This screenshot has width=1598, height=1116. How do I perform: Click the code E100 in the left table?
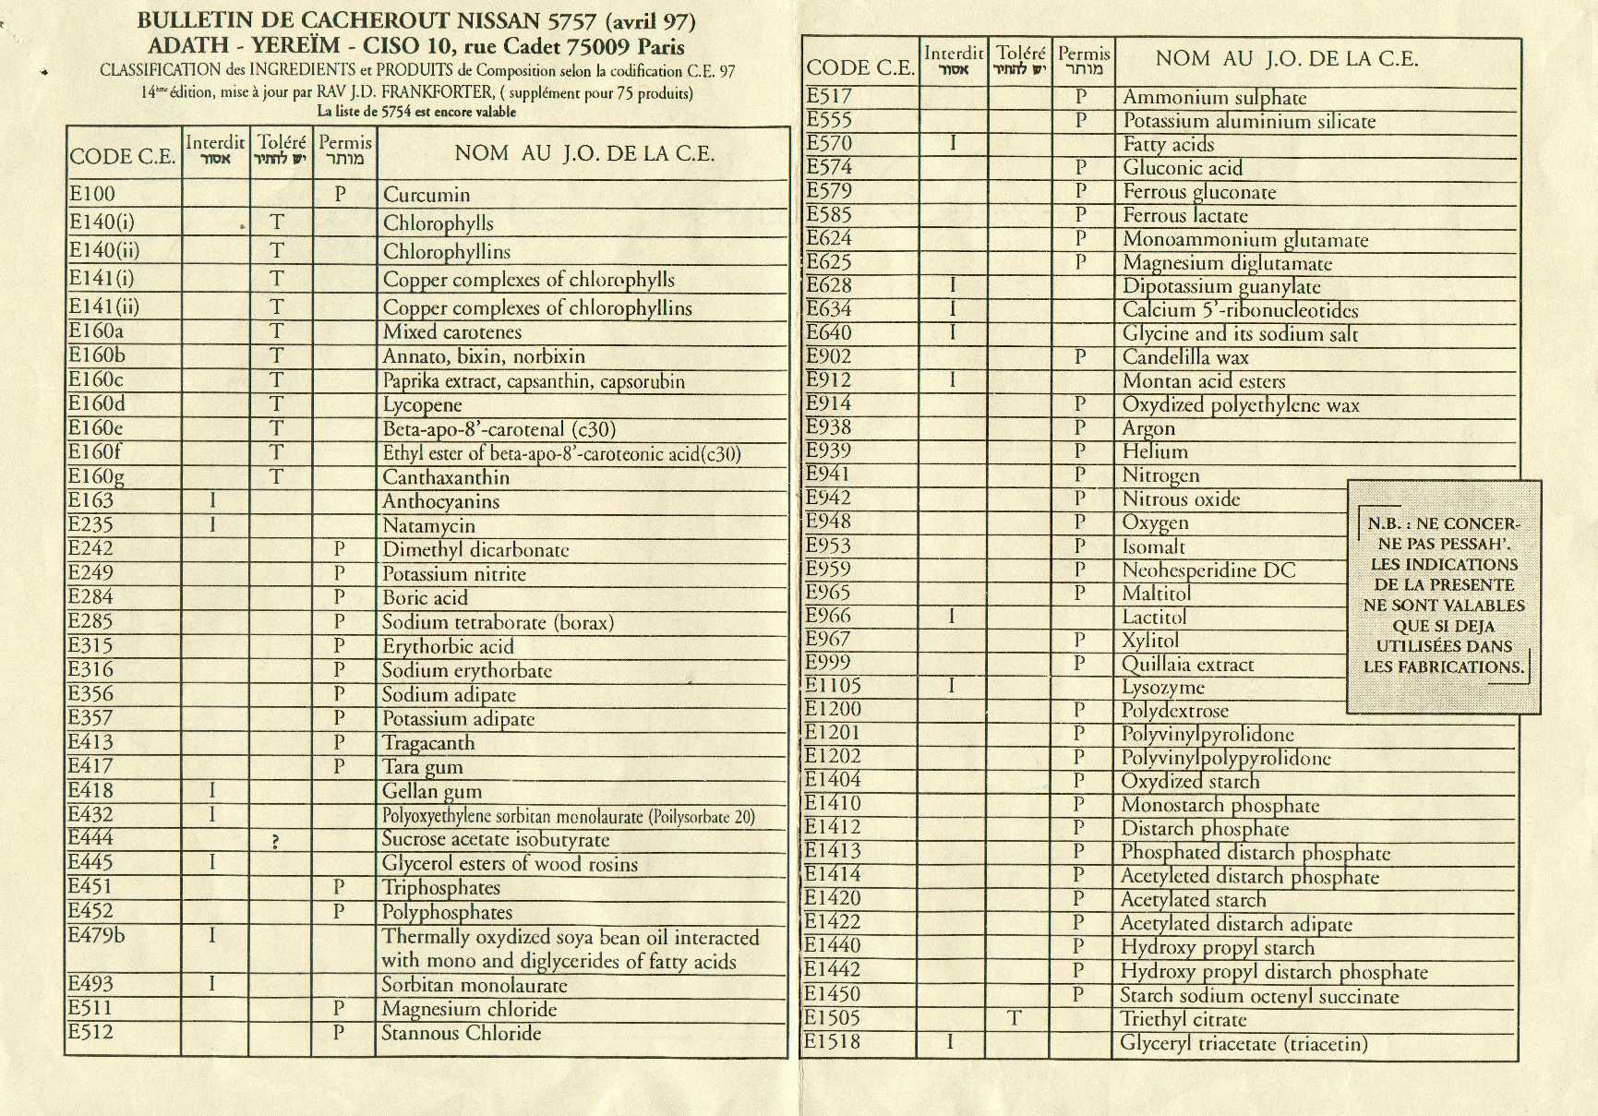point(92,194)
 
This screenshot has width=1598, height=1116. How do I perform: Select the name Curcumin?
point(427,195)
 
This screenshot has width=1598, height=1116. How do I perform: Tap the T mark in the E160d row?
point(276,404)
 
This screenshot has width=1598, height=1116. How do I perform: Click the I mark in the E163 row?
point(212,500)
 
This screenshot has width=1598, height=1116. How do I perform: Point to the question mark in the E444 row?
point(275,841)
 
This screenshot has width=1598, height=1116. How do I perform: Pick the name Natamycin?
point(428,526)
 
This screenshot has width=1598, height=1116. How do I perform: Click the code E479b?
point(96,935)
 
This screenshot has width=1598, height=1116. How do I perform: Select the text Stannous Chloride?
point(462,1033)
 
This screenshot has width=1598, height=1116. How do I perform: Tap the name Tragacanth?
point(428,743)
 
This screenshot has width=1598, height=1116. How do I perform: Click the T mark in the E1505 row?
point(1014,1018)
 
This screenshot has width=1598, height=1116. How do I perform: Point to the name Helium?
point(1155,451)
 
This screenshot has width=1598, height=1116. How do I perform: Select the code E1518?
point(832,1042)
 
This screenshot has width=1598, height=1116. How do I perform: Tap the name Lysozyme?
point(1162,688)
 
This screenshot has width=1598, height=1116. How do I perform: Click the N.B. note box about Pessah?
point(1443,595)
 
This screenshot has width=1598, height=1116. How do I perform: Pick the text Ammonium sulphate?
point(1214,97)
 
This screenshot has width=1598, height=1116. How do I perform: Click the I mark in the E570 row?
point(953,143)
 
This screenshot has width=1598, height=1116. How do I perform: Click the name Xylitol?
point(1150,641)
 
